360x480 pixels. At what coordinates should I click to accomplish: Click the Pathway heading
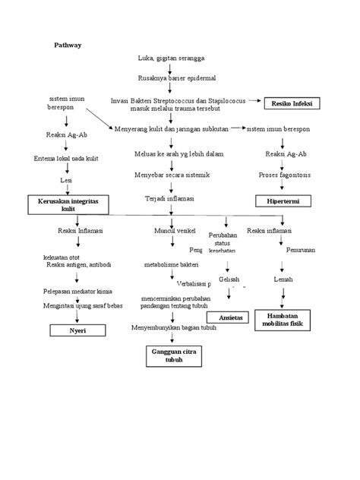(67, 45)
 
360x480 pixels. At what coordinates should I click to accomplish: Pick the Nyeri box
(77, 331)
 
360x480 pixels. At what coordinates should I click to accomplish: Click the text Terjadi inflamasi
(169, 198)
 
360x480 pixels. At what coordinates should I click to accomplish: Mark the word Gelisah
(229, 279)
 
